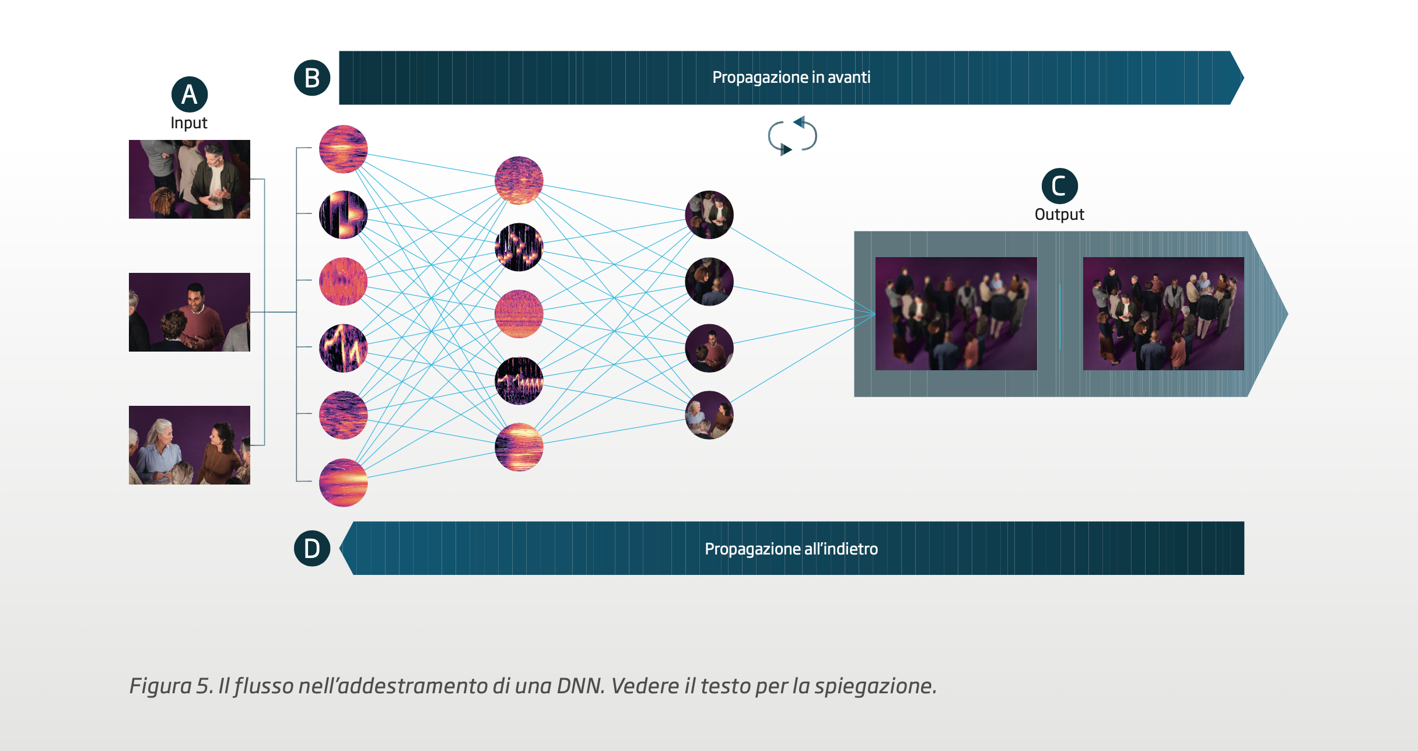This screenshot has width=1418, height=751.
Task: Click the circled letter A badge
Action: tap(190, 94)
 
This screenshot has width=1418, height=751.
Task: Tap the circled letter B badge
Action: tap(312, 78)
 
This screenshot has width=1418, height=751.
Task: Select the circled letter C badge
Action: tap(1059, 186)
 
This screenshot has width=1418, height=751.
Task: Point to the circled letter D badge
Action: tap(312, 549)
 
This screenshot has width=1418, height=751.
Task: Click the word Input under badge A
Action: tap(189, 123)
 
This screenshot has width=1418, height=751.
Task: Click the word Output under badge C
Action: tap(1059, 215)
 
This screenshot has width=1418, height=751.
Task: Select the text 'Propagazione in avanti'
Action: tap(791, 78)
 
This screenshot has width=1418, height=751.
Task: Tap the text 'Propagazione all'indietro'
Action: tap(791, 549)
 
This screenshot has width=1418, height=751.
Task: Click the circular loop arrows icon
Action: tap(792, 136)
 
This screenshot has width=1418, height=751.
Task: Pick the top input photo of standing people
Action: tap(190, 179)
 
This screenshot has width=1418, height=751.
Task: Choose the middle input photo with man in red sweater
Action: tap(190, 312)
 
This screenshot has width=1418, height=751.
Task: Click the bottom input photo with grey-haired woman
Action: tap(190, 445)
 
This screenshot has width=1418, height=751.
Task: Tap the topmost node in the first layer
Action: tap(343, 149)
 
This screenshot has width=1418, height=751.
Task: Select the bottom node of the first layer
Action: tap(343, 482)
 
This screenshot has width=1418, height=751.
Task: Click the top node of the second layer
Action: tap(519, 181)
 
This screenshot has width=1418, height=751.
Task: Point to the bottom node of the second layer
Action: tap(519, 447)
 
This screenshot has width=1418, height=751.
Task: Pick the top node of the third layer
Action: tap(709, 215)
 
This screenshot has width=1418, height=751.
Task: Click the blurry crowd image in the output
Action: tap(956, 314)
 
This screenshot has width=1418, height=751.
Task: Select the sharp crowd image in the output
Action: tap(1163, 314)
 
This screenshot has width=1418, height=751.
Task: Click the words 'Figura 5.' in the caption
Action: tap(171, 686)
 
